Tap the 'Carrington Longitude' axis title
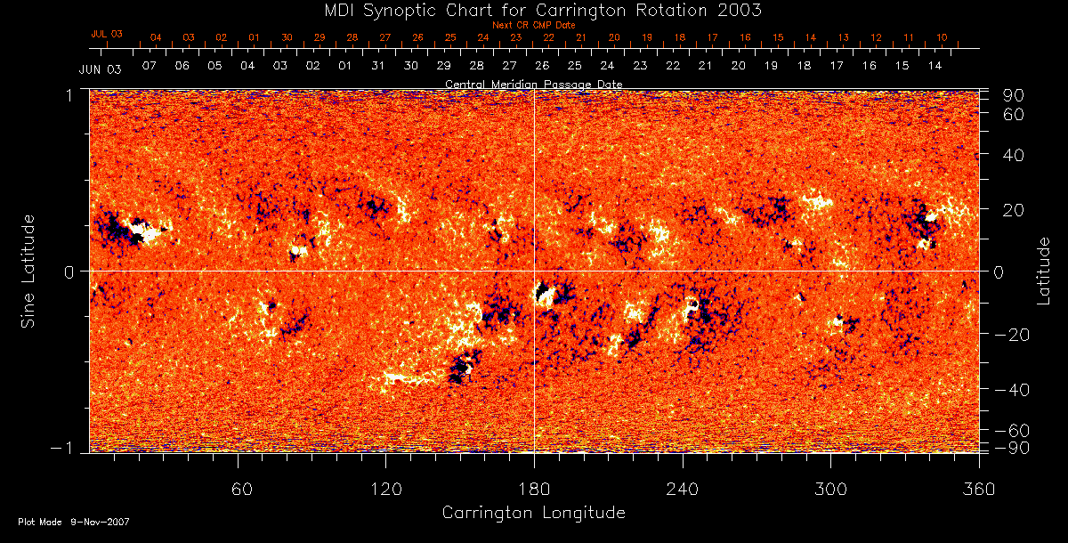pyautogui.click(x=533, y=513)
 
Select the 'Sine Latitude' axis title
pyautogui.click(x=29, y=271)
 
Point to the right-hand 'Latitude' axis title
pyautogui.click(x=1044, y=271)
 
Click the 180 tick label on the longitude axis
pyautogui.click(x=534, y=489)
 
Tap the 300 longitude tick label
pyautogui.click(x=830, y=489)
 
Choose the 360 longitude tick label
pyautogui.click(x=978, y=489)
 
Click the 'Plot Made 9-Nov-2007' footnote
pyautogui.click(x=74, y=522)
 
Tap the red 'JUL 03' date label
pyautogui.click(x=107, y=34)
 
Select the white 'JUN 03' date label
pyautogui.click(x=100, y=69)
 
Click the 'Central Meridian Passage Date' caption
pyautogui.click(x=534, y=84)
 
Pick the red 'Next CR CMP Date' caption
pyautogui.click(x=534, y=25)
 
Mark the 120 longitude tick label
pyautogui.click(x=385, y=489)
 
